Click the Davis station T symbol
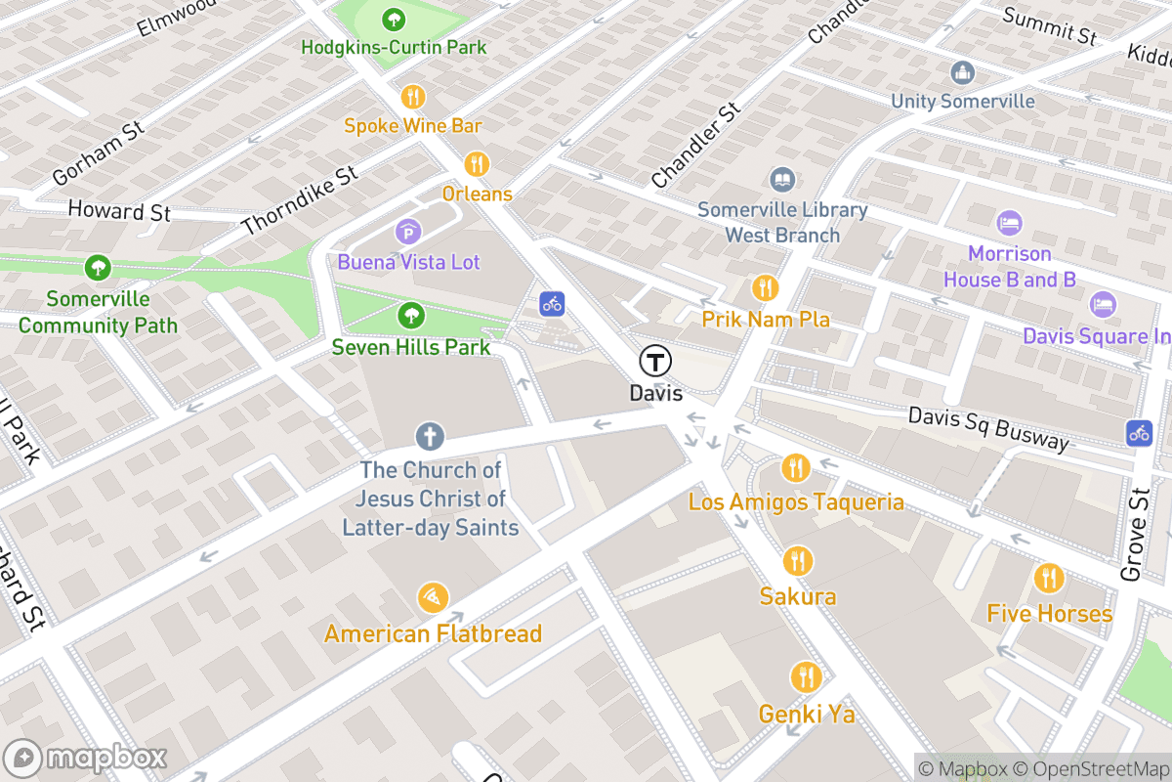click(655, 361)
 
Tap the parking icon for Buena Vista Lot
click(408, 232)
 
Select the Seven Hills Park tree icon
click(411, 315)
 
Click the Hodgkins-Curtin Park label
click(393, 47)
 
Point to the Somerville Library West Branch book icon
click(782, 180)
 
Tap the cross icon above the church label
click(429, 436)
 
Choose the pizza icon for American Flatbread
click(433, 597)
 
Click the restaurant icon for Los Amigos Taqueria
click(796, 468)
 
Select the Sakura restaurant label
click(798, 596)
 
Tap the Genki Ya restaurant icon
click(806, 676)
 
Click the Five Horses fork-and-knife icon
click(1050, 578)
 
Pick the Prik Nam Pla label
click(766, 320)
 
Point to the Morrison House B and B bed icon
click(1009, 223)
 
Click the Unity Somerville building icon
click(963, 72)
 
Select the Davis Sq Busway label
click(988, 427)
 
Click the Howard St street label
click(119, 211)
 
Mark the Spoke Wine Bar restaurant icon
click(413, 97)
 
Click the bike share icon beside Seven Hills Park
click(553, 303)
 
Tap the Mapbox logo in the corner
click(88, 759)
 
